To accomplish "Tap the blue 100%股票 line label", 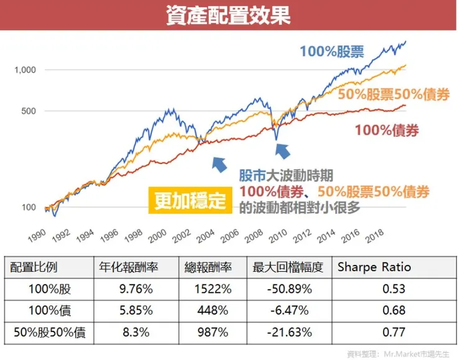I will coord(332,51).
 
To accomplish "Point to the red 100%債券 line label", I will coord(386,130).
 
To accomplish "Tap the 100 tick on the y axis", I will coord(29,207).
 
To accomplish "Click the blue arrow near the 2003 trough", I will coord(219,164).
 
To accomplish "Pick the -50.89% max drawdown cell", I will coord(283,289).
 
